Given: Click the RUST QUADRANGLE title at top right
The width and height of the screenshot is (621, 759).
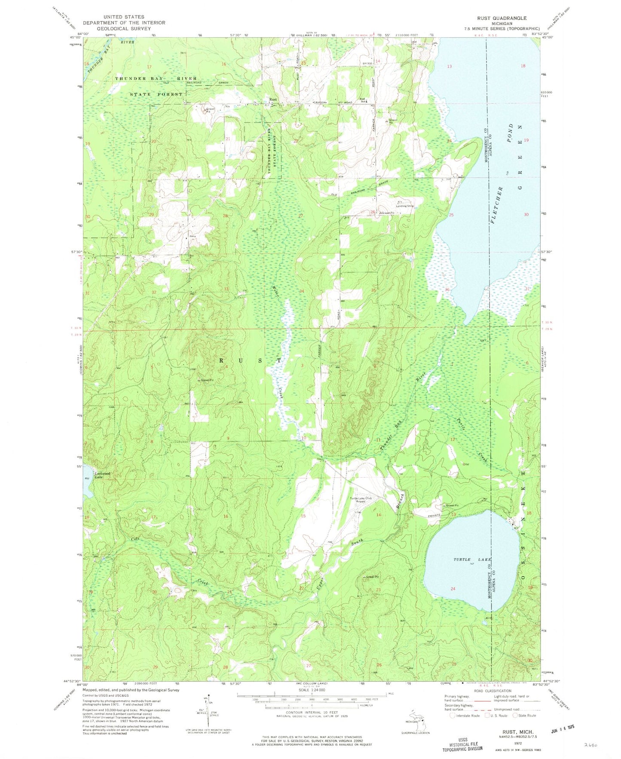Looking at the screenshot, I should click(502, 18).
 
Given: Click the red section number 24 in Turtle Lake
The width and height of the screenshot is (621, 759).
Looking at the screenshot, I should click(453, 588).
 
